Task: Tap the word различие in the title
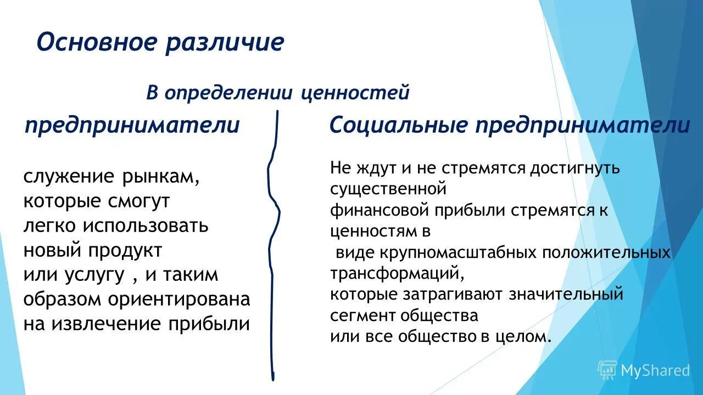[224, 42]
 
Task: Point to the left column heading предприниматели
[132, 126]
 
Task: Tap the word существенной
[387, 189]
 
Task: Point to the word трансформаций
[393, 273]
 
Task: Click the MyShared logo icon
[607, 370]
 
